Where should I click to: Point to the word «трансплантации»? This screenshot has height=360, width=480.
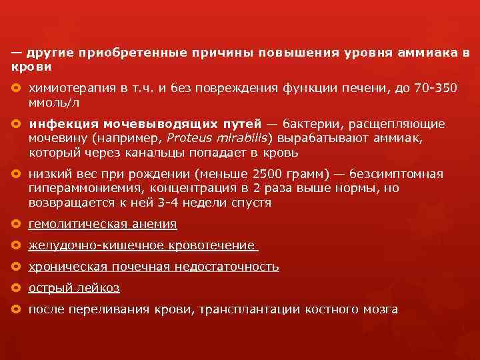pyautogui.click(x=264, y=309)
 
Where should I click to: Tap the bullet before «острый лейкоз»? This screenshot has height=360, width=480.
pyautogui.click(x=16, y=288)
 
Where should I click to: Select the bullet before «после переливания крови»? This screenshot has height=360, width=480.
pyautogui.click(x=16, y=309)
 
